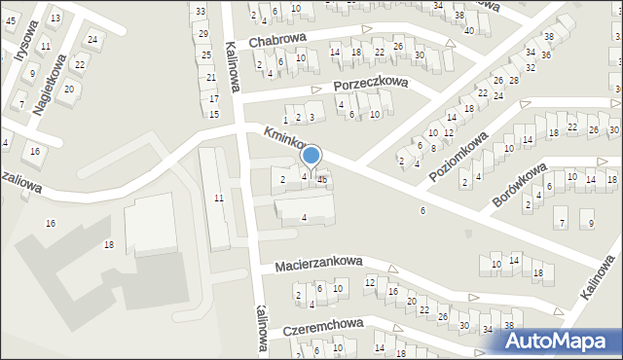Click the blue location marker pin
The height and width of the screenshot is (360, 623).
coord(311,156)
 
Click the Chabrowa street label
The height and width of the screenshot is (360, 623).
coord(277,41)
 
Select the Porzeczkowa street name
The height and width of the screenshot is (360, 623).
coord(371,85)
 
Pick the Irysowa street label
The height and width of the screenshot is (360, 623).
coord(23,40)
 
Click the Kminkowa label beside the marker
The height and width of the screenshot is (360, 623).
coord(282,142)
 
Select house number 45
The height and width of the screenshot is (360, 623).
coord(11,21)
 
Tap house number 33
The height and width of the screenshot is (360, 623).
coord(200,11)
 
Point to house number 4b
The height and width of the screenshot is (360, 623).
coord(322,178)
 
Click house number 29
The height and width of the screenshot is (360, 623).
coord(203,33)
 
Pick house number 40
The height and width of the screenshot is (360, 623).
coord(469,30)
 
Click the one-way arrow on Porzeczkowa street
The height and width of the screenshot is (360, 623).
coord(316,90)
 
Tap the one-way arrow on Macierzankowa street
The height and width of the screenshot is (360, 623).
coord(393,268)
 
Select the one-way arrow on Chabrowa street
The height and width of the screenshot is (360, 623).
coord(449,45)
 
